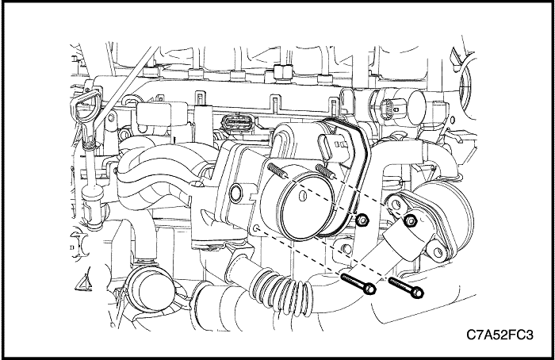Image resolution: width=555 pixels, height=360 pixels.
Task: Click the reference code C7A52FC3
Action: pyautogui.click(x=499, y=335)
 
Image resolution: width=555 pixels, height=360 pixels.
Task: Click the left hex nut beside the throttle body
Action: pyautogui.click(x=362, y=220)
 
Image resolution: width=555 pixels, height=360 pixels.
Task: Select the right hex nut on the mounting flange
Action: pyautogui.click(x=411, y=220)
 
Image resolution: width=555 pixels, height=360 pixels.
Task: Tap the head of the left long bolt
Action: pyautogui.click(x=370, y=289)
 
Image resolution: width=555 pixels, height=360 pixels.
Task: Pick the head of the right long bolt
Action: pyautogui.click(x=418, y=293)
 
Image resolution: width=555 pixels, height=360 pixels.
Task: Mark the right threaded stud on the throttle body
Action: pyautogui.click(x=326, y=170)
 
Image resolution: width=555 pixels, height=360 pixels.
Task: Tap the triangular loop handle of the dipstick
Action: pyautogui.click(x=85, y=100)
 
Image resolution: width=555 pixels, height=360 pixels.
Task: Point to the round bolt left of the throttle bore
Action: pyautogui.click(x=235, y=193)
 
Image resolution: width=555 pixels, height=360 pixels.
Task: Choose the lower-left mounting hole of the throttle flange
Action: pyautogui.click(x=258, y=228)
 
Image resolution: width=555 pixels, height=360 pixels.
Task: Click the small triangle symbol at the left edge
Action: pyautogui.click(x=84, y=283)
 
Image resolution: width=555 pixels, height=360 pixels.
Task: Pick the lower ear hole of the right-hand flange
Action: pyautogui.click(x=438, y=251)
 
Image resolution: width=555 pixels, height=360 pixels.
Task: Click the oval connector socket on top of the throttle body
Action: pyautogui.click(x=327, y=148)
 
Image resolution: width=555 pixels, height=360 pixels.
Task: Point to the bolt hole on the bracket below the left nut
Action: pyautogui.click(x=347, y=249)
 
